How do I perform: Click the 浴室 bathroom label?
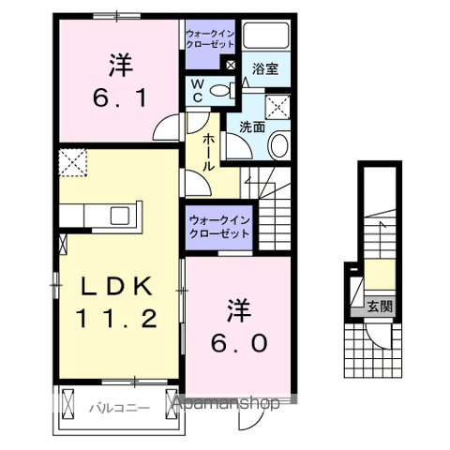coord(265,68)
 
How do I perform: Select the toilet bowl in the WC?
coord(218,91)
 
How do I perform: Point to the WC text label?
coord(198,91)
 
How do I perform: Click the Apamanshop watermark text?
coord(226,405)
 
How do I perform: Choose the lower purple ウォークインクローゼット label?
coord(218,226)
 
